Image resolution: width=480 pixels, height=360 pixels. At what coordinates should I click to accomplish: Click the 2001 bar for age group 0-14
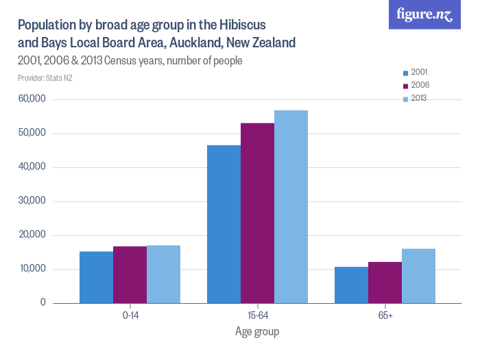[96, 277]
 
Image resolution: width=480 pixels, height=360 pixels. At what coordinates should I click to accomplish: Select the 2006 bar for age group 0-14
[130, 274]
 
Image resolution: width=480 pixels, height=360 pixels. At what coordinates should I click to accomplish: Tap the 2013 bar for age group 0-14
[164, 274]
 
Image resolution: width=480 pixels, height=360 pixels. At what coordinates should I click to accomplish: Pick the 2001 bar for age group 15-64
[224, 224]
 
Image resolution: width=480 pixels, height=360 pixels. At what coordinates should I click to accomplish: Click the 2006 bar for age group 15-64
[257, 213]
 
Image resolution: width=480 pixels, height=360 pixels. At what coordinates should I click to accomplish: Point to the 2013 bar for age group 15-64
[291, 206]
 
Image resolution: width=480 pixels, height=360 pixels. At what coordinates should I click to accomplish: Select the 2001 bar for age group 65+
[351, 285]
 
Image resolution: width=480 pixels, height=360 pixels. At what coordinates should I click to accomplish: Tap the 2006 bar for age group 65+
[385, 282]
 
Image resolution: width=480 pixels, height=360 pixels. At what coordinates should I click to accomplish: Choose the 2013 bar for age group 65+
[418, 276]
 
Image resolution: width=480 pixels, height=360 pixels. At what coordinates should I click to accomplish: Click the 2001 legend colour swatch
[406, 73]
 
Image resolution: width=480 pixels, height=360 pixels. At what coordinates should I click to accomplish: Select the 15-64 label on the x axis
[257, 315]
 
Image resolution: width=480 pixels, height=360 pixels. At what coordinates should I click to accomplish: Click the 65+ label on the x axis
[385, 315]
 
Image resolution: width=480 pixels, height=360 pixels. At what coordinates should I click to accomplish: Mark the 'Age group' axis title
[257, 331]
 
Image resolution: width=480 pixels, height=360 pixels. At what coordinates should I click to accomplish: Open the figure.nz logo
[424, 15]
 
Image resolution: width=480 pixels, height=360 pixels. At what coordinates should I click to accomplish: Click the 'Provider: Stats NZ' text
[45, 78]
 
